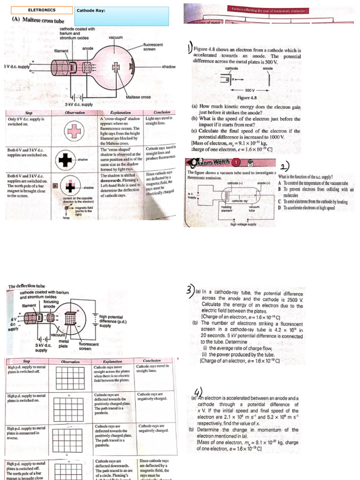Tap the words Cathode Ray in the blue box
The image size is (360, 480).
[91, 10]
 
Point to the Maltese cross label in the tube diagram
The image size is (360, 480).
[139, 97]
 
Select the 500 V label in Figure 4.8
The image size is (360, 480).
[249, 90]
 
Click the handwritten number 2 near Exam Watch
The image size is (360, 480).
[285, 167]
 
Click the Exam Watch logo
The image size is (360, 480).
[211, 162]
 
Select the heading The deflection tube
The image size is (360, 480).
[28, 285]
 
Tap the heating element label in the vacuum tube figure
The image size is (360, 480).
[226, 208]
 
